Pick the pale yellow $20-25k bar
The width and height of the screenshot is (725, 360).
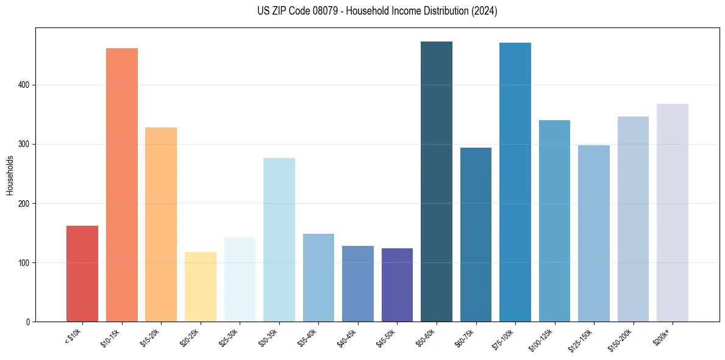(201, 287)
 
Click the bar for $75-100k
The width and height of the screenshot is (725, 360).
(515, 182)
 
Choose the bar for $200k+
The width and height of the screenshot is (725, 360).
(673, 213)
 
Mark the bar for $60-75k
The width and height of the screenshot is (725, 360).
(476, 235)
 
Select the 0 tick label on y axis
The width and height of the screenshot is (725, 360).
(28, 322)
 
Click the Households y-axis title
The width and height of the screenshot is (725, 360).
(10, 175)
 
